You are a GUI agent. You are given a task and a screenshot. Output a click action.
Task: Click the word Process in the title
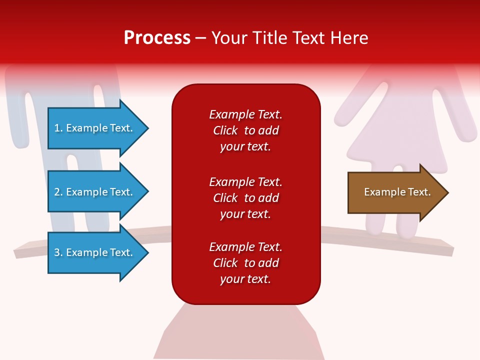click(157, 38)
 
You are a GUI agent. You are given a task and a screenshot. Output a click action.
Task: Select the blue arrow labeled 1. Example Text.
click(95, 128)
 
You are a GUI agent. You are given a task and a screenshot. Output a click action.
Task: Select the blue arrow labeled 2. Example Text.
click(95, 192)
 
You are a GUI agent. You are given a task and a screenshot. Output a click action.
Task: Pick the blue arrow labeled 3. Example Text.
click(95, 252)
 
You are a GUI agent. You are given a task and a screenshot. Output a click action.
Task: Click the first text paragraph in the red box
click(245, 130)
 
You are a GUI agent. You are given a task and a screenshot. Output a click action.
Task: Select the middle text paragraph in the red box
click(245, 198)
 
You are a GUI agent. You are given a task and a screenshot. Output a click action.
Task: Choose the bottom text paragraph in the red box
click(245, 263)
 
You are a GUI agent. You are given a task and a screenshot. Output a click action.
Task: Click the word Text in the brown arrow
click(419, 192)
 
